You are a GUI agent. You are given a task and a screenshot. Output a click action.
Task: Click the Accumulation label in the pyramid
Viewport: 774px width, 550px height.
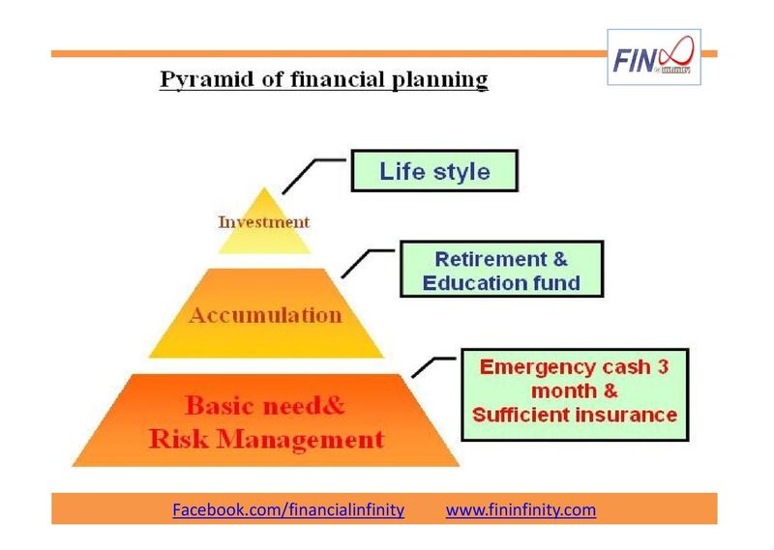point(267,315)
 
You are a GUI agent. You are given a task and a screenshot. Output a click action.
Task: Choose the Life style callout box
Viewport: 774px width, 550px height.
point(434,172)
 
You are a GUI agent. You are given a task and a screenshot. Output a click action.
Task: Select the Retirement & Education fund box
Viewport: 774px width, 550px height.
point(501,271)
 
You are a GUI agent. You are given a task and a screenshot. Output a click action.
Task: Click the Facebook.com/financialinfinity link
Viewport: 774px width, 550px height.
point(288,508)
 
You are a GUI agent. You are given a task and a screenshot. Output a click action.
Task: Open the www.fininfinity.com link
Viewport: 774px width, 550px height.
point(521,508)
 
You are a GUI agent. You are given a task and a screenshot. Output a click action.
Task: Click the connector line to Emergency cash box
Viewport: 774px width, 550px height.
point(432,362)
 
